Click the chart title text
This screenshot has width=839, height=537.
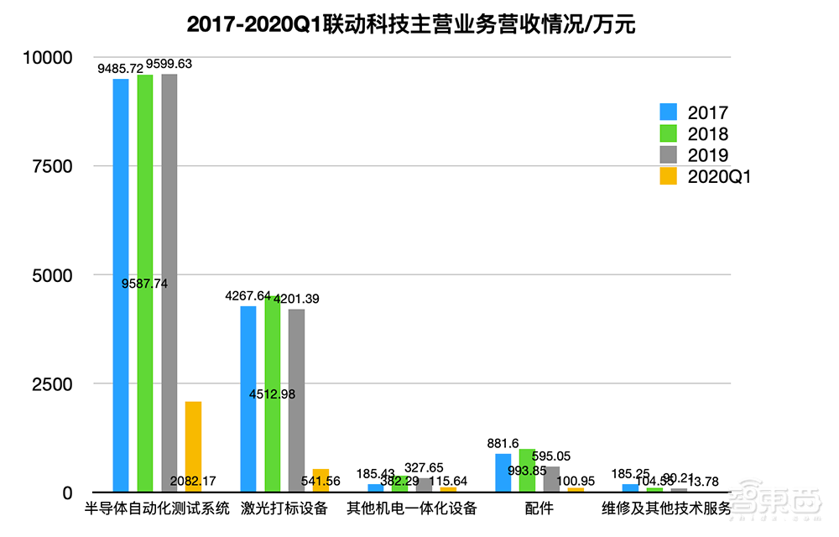[x=411, y=24]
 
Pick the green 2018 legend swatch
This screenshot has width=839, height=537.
[x=669, y=134]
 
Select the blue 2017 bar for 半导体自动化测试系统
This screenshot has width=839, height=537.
[x=121, y=285]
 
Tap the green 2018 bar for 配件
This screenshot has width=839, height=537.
[x=527, y=470]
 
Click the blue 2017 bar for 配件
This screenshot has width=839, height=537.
[x=503, y=472]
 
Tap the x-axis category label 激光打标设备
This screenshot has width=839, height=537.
[x=284, y=508]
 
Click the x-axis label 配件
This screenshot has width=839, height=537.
[x=539, y=508]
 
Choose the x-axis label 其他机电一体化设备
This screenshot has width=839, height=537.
[x=412, y=508]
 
